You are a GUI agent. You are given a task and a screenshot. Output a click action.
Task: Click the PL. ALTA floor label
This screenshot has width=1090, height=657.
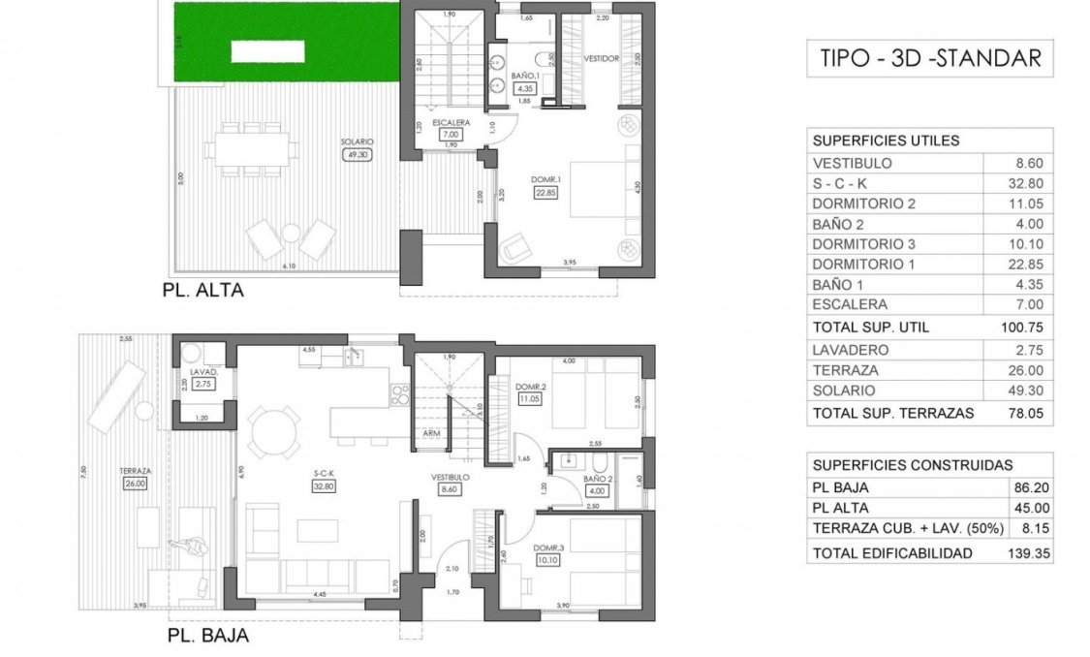tap(202, 290)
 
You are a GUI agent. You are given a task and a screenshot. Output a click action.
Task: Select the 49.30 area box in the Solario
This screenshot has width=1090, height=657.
tap(358, 154)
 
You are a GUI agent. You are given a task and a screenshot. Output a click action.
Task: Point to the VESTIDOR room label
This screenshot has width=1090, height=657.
tap(601, 59)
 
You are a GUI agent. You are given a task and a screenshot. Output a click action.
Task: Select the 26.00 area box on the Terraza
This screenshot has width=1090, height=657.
tap(135, 483)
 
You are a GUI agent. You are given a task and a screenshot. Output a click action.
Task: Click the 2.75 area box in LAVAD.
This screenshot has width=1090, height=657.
tap(203, 384)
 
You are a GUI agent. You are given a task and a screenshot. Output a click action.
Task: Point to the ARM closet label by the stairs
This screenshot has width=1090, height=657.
tap(431, 434)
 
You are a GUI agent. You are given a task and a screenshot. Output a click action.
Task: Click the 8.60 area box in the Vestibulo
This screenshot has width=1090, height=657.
tap(450, 490)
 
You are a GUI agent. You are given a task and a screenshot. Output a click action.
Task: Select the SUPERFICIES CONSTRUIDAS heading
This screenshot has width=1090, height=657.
tap(912, 464)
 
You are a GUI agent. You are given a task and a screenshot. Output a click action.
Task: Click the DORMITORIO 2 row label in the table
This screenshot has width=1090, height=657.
tap(863, 203)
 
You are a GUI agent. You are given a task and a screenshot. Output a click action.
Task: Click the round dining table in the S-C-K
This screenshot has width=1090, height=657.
tap(273, 428)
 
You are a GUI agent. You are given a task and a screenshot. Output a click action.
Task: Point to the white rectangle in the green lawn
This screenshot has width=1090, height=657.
tap(268, 48)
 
